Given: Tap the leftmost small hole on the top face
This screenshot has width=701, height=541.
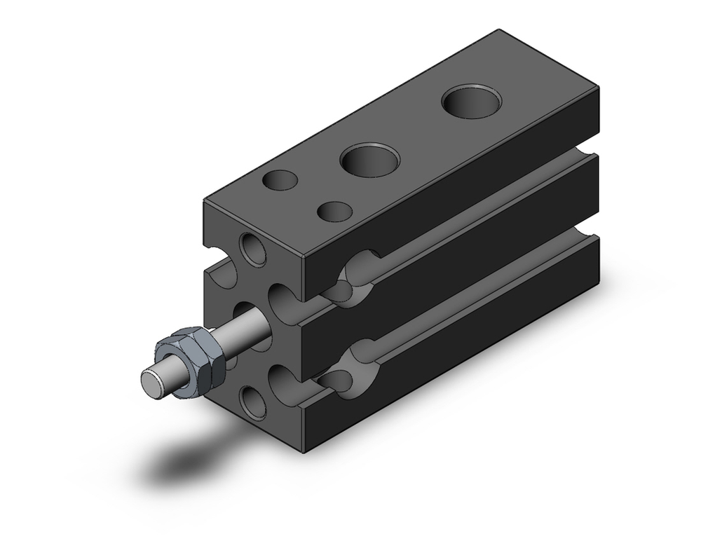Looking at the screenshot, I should [279, 180].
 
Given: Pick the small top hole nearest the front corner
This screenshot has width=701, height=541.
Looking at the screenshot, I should [334, 210].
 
